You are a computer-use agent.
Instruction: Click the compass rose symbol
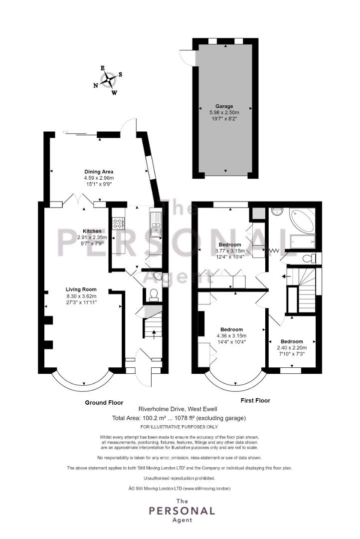[x=108, y=80]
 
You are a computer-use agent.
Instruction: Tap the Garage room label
[x=224, y=106]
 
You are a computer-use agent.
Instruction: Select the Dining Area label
[x=99, y=172]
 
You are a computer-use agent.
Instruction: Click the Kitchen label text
[x=92, y=231]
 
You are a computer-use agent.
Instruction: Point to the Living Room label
[x=81, y=289]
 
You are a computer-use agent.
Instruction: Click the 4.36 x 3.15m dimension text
[x=231, y=335]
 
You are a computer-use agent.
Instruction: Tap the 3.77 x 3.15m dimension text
[x=230, y=251]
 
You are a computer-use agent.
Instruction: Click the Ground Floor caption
[x=104, y=403]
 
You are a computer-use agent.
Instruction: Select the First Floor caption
[x=255, y=400]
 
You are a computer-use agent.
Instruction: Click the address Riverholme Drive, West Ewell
[x=178, y=409]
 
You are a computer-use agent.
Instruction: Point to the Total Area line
[x=179, y=418]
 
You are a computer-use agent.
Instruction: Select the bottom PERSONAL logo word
[x=182, y=511]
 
